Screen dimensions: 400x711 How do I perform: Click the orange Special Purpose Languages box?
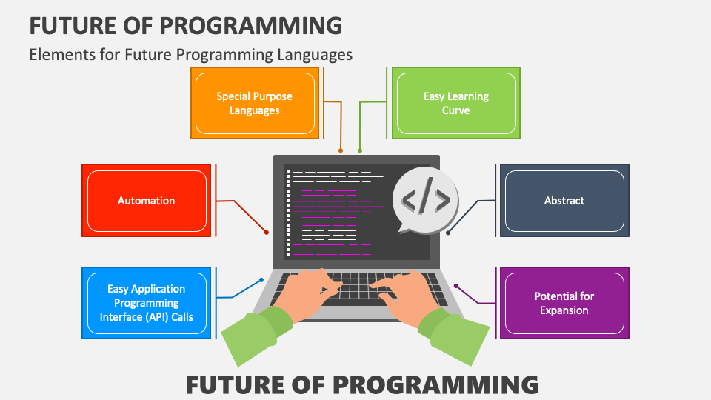coord(254,103)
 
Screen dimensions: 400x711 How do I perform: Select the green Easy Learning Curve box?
coord(456,103)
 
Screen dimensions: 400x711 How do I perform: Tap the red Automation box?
coord(147,201)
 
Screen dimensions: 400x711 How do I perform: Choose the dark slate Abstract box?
coord(564,201)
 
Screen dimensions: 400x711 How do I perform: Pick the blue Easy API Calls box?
coord(147,303)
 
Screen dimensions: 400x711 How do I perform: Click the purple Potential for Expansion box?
coord(564,303)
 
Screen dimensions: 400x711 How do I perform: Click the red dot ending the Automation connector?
coord(267,233)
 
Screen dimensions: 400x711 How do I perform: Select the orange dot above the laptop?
coord(341,150)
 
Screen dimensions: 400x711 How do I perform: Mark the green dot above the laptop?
coord(360,150)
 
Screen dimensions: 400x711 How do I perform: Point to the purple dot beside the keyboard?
coord(456,285)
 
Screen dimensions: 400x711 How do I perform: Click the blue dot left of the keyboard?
coord(261,280)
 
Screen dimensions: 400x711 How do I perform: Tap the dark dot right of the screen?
coord(448,233)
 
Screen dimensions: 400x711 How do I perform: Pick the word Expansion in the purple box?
coord(564,310)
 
